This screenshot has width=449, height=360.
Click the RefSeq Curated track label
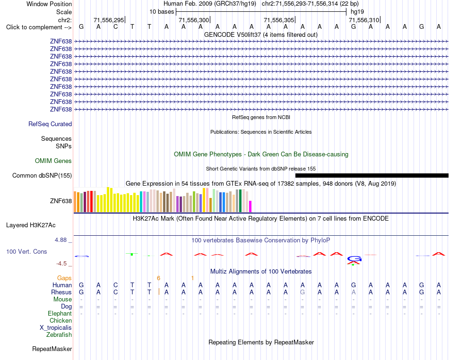click(50, 124)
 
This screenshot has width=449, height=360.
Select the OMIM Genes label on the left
click(53, 161)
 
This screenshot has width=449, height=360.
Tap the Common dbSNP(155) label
click(42, 175)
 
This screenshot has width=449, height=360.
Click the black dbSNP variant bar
click(371, 175)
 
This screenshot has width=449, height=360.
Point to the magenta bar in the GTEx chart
click(250, 206)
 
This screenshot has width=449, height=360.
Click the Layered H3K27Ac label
click(31, 225)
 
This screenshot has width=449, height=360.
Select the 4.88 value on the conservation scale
click(60, 240)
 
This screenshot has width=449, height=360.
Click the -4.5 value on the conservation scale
click(62, 263)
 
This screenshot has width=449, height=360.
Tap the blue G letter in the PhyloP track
click(354, 259)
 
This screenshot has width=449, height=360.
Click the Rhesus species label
click(61, 292)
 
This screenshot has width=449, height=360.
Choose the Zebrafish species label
click(59, 334)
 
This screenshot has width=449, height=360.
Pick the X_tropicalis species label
click(56, 328)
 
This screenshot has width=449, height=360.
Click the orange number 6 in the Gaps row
click(158, 278)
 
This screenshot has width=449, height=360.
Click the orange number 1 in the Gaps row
click(192, 278)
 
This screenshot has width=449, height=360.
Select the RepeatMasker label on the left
click(52, 349)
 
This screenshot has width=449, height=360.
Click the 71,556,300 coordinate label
click(194, 20)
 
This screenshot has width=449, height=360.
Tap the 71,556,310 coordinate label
click(364, 20)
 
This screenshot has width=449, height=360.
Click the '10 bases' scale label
click(162, 12)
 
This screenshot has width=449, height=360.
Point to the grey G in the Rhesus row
click(302, 292)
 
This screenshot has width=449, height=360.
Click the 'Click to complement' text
click(39, 27)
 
